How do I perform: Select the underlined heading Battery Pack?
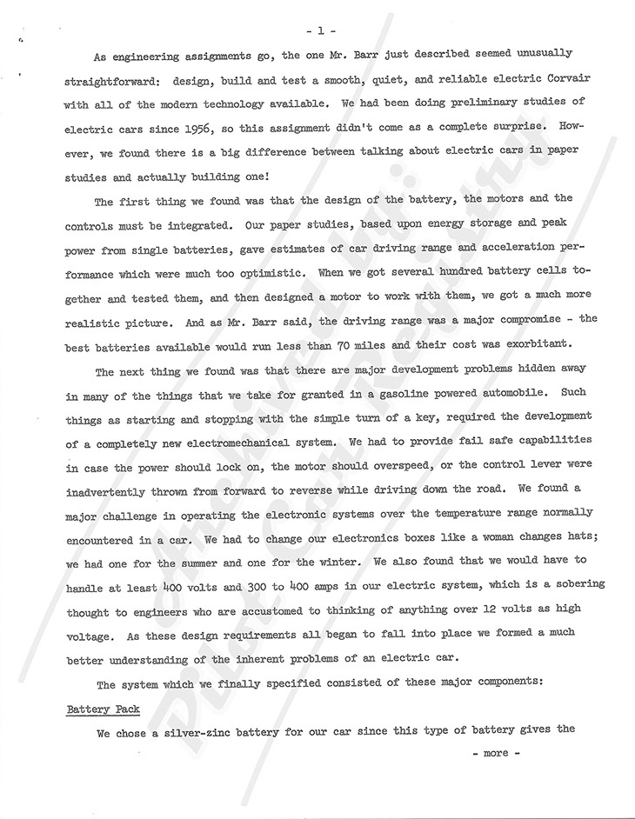[x=104, y=709]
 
